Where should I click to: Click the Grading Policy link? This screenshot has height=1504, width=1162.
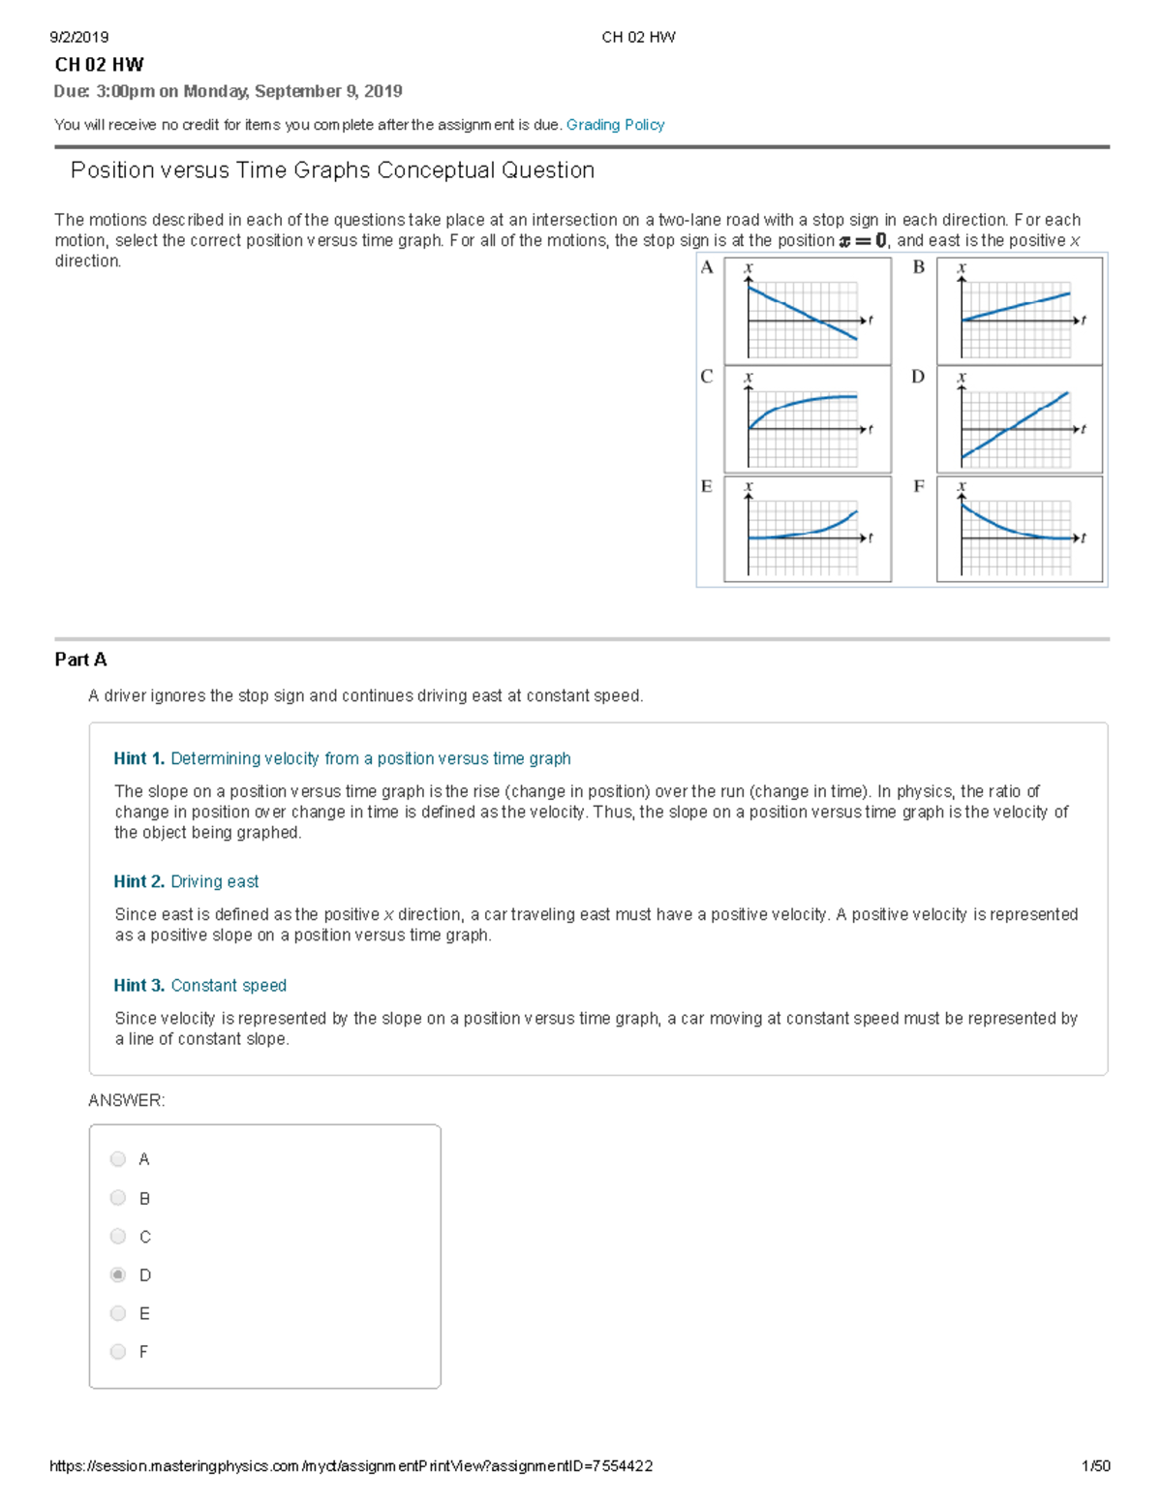click(615, 125)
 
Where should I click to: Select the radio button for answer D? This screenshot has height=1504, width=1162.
click(118, 1274)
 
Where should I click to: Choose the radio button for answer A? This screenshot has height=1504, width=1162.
click(118, 1159)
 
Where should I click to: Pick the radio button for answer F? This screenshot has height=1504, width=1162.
click(118, 1351)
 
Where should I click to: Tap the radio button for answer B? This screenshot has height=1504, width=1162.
click(118, 1198)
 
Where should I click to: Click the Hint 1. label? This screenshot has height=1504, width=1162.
click(138, 758)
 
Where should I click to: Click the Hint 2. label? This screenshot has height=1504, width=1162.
click(138, 881)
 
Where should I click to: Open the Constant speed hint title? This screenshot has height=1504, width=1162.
click(229, 985)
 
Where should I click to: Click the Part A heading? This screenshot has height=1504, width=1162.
click(80, 660)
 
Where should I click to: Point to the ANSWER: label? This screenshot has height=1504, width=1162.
click(126, 1100)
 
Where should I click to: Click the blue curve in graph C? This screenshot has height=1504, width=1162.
click(804, 401)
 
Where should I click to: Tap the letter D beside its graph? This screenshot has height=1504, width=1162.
click(918, 377)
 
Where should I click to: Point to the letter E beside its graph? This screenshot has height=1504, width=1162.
click(706, 486)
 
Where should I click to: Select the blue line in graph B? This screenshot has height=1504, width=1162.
click(1017, 306)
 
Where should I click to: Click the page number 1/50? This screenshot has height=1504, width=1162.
click(1095, 1466)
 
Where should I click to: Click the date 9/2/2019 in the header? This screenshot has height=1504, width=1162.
click(78, 38)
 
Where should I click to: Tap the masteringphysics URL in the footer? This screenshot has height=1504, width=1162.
click(351, 1466)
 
